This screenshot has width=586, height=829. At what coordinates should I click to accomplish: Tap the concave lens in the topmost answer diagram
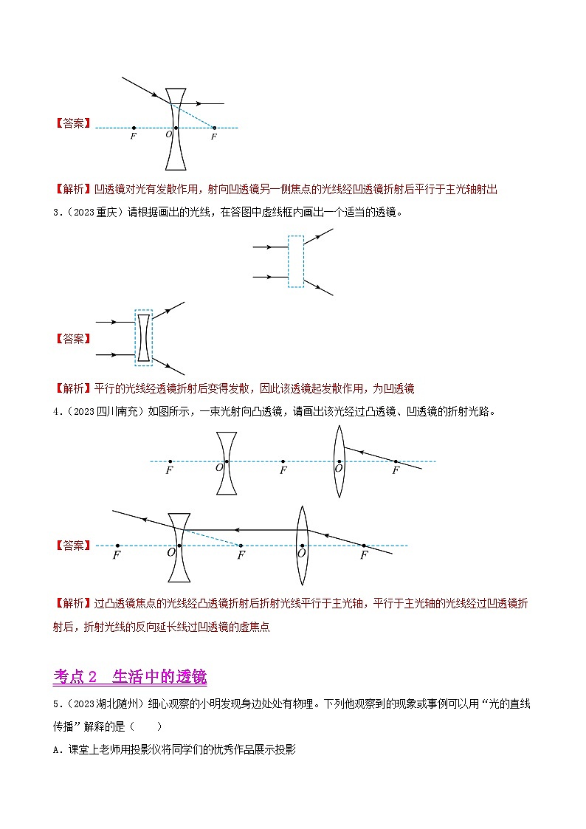[176, 129]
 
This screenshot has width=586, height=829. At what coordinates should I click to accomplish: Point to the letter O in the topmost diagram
[168, 134]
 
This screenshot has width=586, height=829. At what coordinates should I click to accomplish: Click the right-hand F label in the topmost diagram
[214, 137]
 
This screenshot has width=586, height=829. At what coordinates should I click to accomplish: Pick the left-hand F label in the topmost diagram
[133, 137]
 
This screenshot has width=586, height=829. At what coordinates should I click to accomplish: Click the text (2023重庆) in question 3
[85, 213]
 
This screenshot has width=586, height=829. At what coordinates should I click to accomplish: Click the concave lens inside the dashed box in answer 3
[143, 337]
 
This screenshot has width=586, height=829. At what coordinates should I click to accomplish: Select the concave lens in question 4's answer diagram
[178, 546]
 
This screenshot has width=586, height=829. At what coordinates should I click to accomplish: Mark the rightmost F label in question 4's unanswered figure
[396, 469]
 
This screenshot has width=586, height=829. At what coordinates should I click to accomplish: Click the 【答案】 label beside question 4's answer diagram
[73, 546]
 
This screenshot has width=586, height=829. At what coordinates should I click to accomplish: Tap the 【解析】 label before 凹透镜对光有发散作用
[73, 190]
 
